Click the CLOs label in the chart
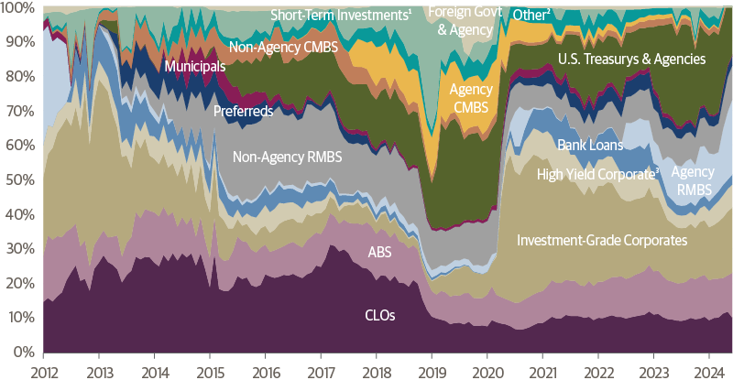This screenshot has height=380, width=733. coord(379,315)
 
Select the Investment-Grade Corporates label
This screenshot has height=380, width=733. coord(602,241)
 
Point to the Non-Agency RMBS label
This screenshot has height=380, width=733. coord(287,157)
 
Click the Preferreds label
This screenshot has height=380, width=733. coord(242,112)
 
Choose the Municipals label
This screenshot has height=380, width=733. coord(194,66)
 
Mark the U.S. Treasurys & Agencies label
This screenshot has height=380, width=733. coord(631,60)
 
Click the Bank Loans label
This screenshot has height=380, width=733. coord(590,145)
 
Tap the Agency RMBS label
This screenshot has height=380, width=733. coord(692,180)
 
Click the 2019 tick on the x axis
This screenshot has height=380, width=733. coord(432,370)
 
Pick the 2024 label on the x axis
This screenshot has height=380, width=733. coord(710,370)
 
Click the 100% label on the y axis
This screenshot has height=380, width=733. coord(17,8)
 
